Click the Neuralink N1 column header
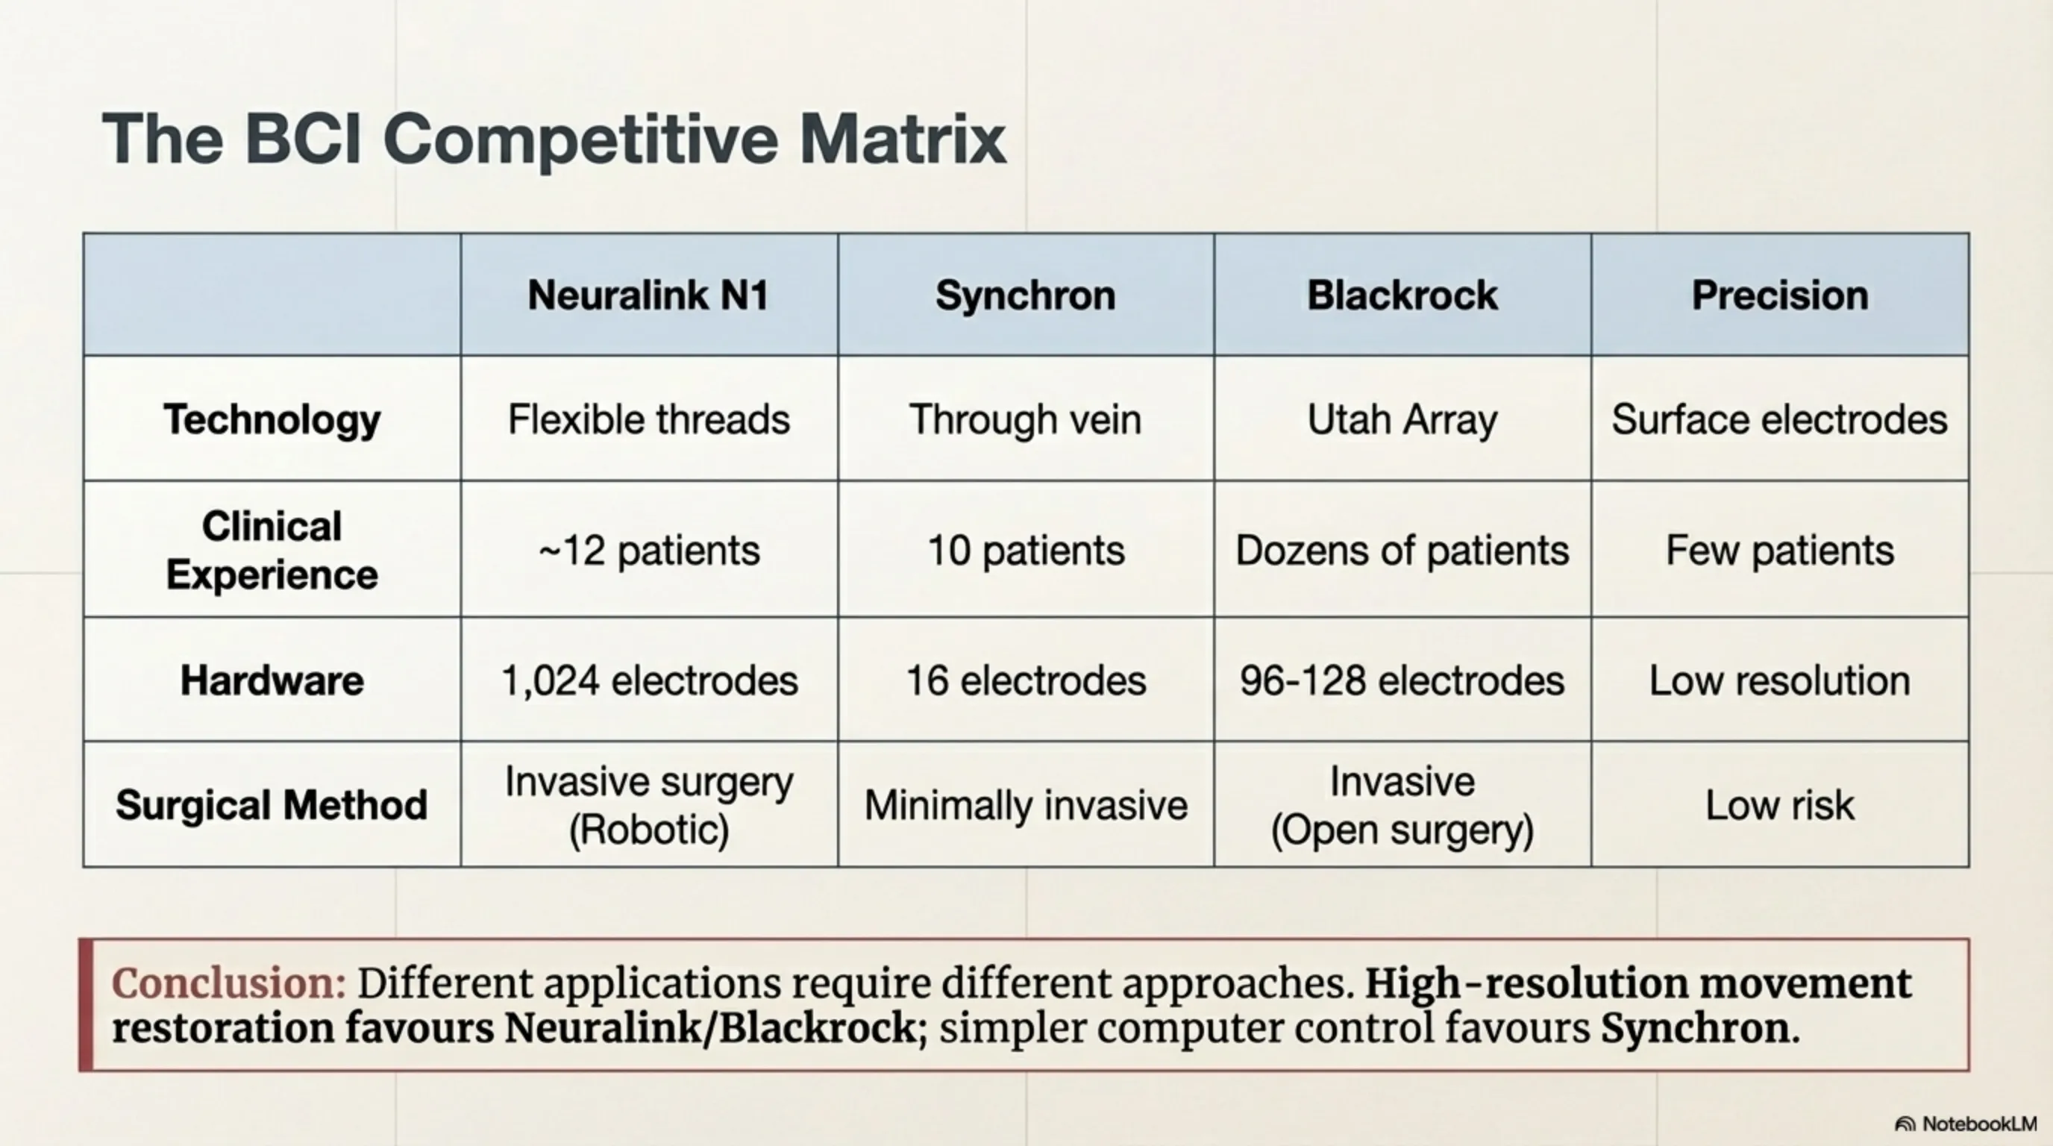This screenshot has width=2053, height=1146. click(648, 295)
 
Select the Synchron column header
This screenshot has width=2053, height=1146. click(1026, 295)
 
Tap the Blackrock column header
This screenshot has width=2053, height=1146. click(1402, 295)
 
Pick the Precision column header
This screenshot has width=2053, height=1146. click(1780, 295)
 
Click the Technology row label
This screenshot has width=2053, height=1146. click(272, 420)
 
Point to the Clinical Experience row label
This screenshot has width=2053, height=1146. click(272, 550)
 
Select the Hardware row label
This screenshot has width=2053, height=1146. click(272, 680)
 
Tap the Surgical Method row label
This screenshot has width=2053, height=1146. click(272, 805)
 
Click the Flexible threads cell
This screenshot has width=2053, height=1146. click(649, 420)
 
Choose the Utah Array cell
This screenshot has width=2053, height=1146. click(1402, 420)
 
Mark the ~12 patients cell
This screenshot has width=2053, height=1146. click(649, 551)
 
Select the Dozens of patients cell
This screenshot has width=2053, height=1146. click(1402, 551)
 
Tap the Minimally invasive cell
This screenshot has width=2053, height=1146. click(1026, 805)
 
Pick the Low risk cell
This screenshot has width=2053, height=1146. click(1780, 805)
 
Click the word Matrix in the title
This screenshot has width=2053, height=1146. click(903, 139)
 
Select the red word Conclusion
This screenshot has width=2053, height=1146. click(229, 983)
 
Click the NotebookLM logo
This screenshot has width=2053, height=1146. click(1965, 1124)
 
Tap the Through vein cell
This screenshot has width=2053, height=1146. click(1026, 420)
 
